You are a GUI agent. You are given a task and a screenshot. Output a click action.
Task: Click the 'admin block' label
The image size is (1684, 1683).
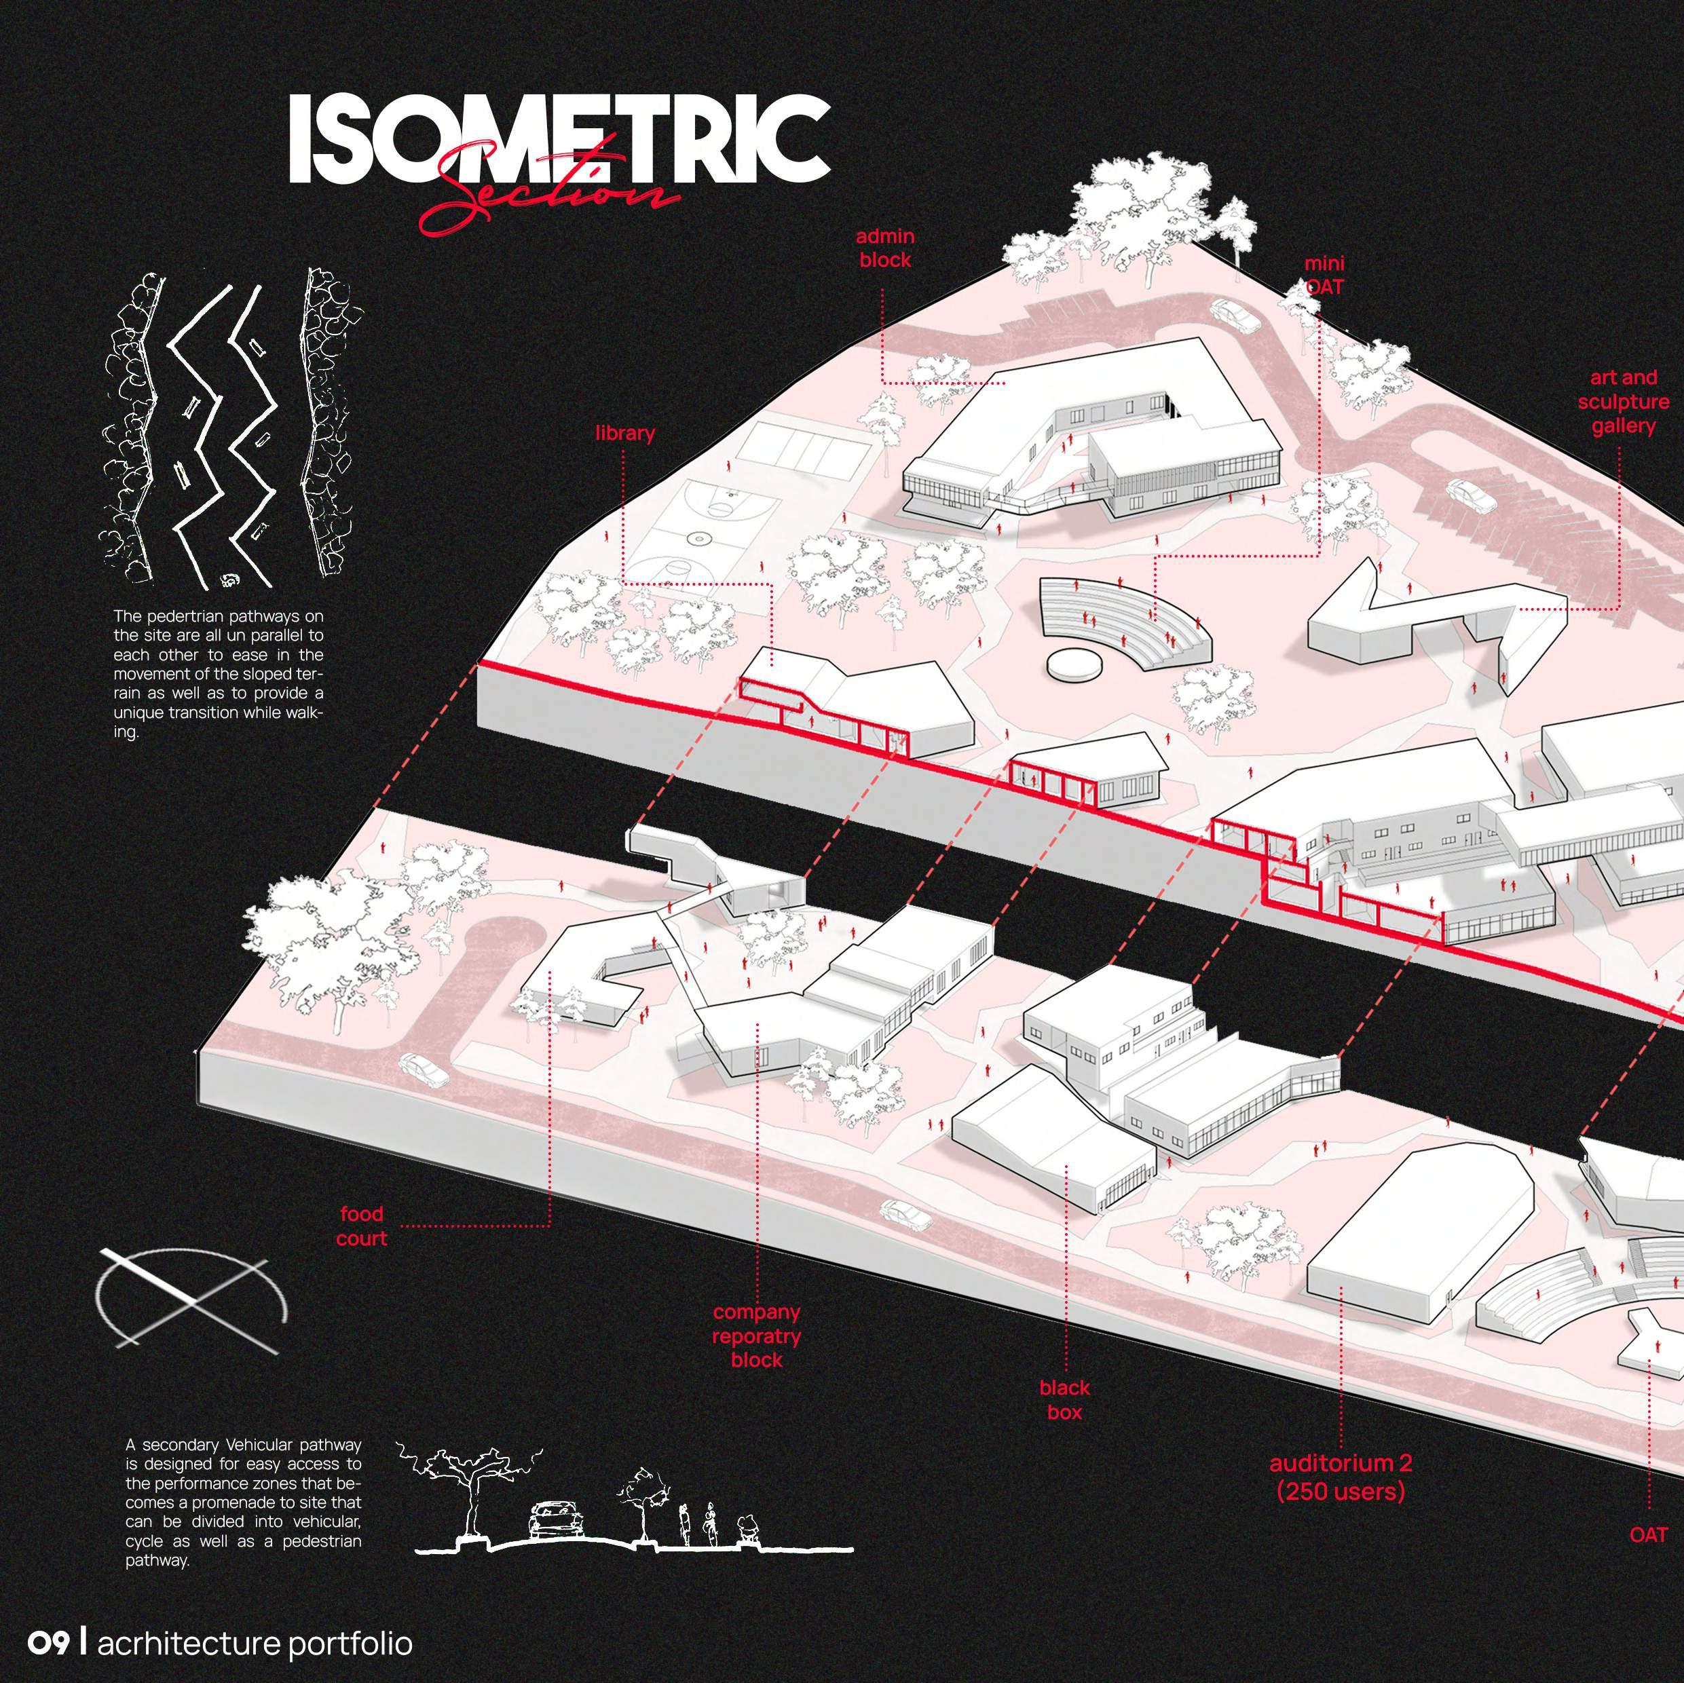[x=884, y=248]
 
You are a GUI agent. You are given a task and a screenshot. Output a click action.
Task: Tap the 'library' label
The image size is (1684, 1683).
[x=625, y=433]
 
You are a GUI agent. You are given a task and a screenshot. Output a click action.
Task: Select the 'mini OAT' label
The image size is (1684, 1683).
[x=1324, y=275]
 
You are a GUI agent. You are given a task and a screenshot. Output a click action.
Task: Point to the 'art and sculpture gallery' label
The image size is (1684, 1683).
[x=1623, y=402]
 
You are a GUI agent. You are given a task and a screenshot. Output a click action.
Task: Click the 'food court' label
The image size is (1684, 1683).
[x=362, y=1226]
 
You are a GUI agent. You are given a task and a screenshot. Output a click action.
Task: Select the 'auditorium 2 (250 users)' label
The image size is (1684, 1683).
[x=1341, y=1478]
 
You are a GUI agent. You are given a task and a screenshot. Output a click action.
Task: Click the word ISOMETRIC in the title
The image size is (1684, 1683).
[x=558, y=139]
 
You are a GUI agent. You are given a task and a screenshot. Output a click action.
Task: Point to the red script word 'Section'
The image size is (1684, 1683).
[x=549, y=196]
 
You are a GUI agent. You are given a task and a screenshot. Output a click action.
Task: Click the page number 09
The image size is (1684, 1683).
[x=48, y=1644]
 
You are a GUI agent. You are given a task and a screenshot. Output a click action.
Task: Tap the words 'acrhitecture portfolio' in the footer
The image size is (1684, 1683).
[x=255, y=1644]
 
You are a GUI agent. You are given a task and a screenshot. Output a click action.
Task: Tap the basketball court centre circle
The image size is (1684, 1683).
[x=697, y=540]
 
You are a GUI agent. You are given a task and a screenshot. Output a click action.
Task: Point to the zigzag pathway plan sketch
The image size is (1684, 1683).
[x=231, y=427]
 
